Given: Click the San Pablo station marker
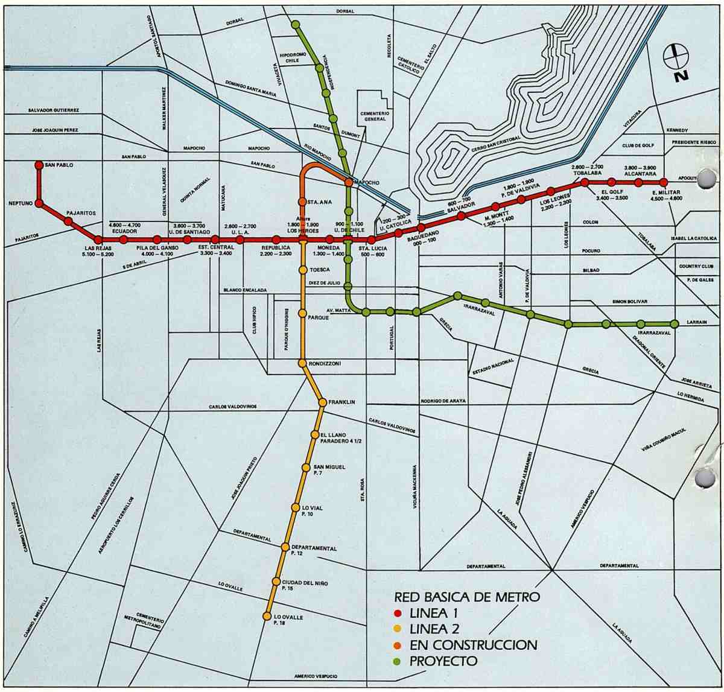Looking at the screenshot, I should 39,165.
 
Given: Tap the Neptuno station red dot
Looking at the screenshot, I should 39,204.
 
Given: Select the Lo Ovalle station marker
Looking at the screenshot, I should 267,616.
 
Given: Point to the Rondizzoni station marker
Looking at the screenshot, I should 302,363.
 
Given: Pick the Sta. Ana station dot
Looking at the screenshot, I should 302,202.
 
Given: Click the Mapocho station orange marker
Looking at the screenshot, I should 349,182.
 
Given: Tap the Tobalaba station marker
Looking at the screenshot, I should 585,182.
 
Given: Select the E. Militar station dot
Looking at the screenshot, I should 663,182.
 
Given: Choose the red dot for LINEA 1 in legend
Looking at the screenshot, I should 398,614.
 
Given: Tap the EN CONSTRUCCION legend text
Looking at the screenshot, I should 473,645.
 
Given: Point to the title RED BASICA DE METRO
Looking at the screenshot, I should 466,598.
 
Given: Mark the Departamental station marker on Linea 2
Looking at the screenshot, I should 287,547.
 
